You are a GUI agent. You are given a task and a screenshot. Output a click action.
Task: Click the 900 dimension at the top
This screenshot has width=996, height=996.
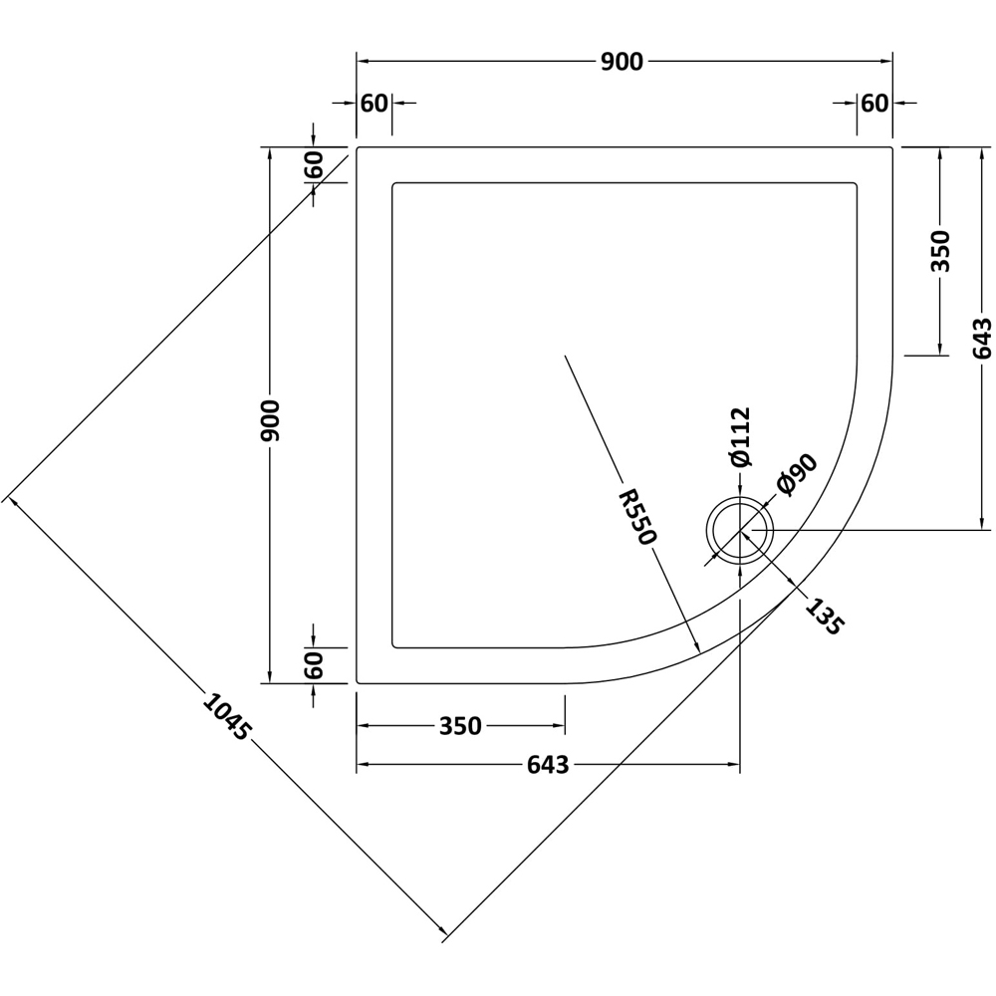click(x=622, y=62)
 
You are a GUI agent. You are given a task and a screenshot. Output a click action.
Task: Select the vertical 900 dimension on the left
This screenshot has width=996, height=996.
click(x=271, y=419)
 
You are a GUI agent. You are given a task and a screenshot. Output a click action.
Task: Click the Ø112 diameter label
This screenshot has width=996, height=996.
click(x=739, y=437)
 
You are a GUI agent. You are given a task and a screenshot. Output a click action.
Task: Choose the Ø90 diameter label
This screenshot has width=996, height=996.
click(x=796, y=475)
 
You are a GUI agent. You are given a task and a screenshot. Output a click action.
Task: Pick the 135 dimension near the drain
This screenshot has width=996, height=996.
click(x=825, y=617)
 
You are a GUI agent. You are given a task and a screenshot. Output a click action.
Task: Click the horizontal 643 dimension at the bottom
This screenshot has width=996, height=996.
click(x=547, y=765)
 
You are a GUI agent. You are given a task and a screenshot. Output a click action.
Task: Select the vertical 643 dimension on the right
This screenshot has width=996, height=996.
click(x=982, y=339)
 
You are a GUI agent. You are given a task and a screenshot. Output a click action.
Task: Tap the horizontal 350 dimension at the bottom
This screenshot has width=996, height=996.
click(x=460, y=727)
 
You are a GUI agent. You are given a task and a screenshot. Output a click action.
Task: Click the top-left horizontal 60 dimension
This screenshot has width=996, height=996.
click(x=373, y=103)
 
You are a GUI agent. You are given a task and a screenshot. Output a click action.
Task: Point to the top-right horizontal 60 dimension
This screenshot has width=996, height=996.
click(x=873, y=103)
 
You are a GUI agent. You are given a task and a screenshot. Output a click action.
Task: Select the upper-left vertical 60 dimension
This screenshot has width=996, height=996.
click(x=313, y=165)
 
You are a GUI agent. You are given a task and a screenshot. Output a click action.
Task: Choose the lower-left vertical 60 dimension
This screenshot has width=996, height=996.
click(x=313, y=664)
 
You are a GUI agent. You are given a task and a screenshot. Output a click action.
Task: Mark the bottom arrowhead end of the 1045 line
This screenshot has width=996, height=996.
click(x=445, y=934)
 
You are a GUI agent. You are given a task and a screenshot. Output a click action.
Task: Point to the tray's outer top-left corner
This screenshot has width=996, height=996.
click(x=358, y=148)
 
